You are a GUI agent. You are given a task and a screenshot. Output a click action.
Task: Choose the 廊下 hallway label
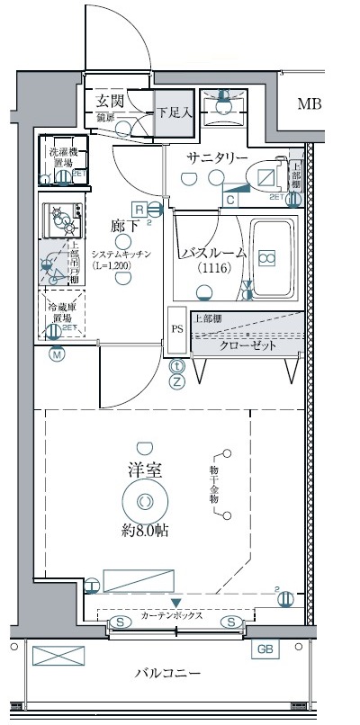pyautogui.click(x=124, y=227)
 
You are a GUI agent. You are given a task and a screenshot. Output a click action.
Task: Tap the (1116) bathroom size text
pyautogui.click(x=214, y=268)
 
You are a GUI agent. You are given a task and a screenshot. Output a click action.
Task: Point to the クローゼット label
pyautogui.click(x=247, y=346)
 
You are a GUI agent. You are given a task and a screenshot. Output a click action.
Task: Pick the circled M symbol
pyautogui.click(x=57, y=354)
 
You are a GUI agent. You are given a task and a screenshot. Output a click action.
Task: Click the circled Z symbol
pyautogui.click(x=177, y=381)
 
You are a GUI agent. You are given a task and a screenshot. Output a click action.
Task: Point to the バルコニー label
pyautogui.click(x=169, y=673)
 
